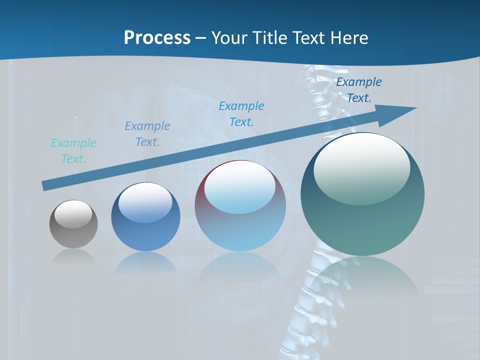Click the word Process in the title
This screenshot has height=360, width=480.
[157, 38]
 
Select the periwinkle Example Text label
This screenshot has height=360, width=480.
[147, 134]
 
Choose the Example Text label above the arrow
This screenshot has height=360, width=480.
[359, 90]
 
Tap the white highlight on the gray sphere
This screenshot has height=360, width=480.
[73, 213]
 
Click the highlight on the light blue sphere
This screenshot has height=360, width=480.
[239, 187]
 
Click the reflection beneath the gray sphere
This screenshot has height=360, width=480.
[73, 257]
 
